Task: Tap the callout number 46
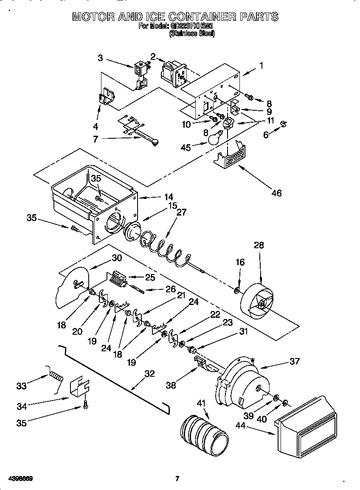pyautogui.click(x=276, y=193)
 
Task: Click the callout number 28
pyautogui.click(x=259, y=245)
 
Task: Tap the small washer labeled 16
pyautogui.click(x=237, y=291)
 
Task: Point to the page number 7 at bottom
pyautogui.click(x=177, y=479)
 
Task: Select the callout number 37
pyautogui.click(x=294, y=361)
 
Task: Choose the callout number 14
pyautogui.click(x=169, y=196)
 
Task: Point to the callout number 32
pyautogui.click(x=149, y=374)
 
